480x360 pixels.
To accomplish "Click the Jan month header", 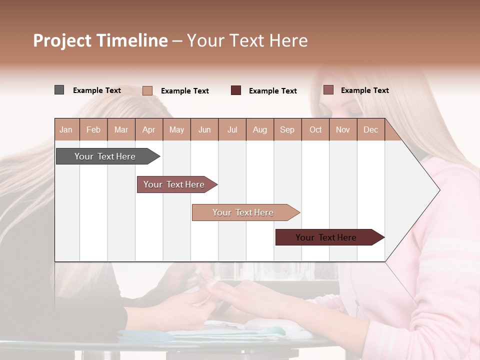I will coord(66,130).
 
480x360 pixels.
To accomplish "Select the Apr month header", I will coord(149,130).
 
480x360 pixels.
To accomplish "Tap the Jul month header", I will coord(232,130).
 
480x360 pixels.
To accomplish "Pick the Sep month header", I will coord(287,130).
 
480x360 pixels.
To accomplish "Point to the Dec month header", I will coord(370,130).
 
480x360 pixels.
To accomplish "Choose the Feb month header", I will coord(93,130).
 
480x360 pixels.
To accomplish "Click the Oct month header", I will coord(315,130).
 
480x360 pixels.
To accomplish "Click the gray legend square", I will coord(59,90).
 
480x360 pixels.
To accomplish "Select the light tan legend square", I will coord(147,90).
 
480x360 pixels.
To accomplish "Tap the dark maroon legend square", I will coord(236,90).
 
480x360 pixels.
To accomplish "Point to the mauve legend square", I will coord(328,90).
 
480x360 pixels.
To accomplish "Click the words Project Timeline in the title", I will coord(100,40).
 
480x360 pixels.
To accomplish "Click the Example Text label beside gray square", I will coord(97,90).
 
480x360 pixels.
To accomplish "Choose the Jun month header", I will coord(204,130).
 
